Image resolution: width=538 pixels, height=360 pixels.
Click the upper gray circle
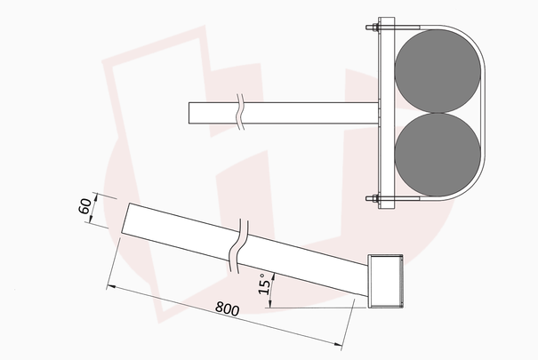coord(438,71)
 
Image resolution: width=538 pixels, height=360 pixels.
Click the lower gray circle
coord(438,155)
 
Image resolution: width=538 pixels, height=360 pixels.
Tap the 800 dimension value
coord(227,308)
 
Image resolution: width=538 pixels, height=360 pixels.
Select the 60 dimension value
coord(85,206)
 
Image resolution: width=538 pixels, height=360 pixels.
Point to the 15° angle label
coord(264,284)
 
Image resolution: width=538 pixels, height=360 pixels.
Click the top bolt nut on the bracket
coord(373,27)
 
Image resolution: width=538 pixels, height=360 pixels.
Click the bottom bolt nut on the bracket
coord(373,198)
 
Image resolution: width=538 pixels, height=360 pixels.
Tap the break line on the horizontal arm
coord(240,113)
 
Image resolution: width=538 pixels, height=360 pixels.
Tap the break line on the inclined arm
coord(238,246)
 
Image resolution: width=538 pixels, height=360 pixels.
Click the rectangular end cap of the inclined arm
coord(385,281)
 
